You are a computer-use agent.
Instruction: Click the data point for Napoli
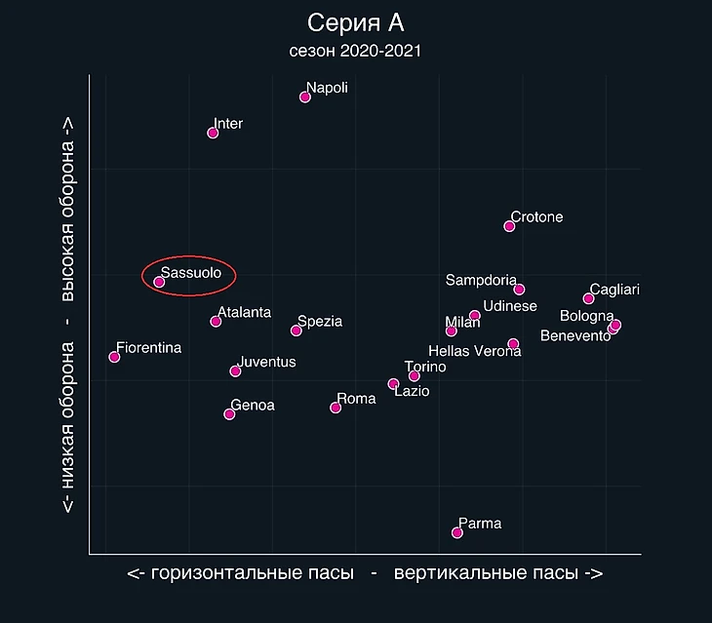pyautogui.click(x=305, y=97)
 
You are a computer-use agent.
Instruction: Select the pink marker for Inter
pyautogui.click(x=213, y=133)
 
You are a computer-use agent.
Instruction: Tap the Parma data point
pyautogui.click(x=457, y=532)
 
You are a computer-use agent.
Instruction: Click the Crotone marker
pyautogui.click(x=509, y=226)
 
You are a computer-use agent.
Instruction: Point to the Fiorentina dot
pyautogui.click(x=114, y=357)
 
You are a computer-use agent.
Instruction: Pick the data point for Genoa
pyautogui.click(x=229, y=414)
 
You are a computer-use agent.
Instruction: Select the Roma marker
pyautogui.click(x=336, y=408)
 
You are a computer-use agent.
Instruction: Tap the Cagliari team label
pyautogui.click(x=614, y=290)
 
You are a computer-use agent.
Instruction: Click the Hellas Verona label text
pyautogui.click(x=475, y=351)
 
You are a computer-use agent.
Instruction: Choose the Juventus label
pyautogui.click(x=266, y=363)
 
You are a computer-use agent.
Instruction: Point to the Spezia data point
pyautogui.click(x=297, y=331)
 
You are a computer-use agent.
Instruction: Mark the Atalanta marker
pyautogui.click(x=216, y=322)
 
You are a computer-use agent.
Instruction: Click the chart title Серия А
pyautogui.click(x=355, y=23)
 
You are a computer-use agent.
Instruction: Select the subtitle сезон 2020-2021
pyautogui.click(x=355, y=51)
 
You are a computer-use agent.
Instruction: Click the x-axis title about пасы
pyautogui.click(x=365, y=573)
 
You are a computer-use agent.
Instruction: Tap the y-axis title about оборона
pyautogui.click(x=68, y=317)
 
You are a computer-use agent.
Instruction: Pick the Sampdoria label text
pyautogui.click(x=481, y=281)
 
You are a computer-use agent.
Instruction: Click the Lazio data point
pyautogui.click(x=393, y=384)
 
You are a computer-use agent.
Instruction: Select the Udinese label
pyautogui.click(x=510, y=306)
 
